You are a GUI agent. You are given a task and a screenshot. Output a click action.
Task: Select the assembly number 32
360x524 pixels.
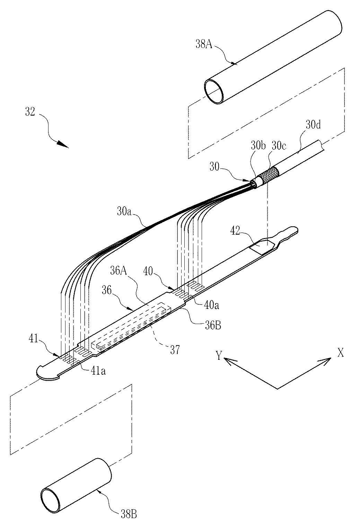[30, 113]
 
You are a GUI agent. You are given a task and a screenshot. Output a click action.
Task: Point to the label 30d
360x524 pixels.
[313, 125]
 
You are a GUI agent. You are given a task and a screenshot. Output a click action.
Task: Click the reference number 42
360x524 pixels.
[238, 231]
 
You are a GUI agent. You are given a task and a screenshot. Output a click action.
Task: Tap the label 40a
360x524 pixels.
[211, 305]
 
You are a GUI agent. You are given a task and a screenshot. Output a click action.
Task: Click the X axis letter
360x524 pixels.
[341, 353]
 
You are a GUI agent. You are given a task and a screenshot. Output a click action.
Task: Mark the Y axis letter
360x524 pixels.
[219, 356]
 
